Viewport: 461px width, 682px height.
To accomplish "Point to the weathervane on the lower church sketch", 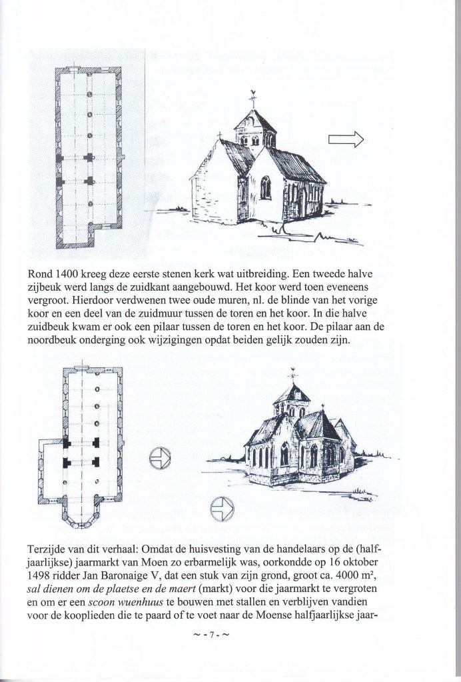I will (x=292, y=376).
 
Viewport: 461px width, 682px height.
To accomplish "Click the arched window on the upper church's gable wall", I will (x=265, y=187).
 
